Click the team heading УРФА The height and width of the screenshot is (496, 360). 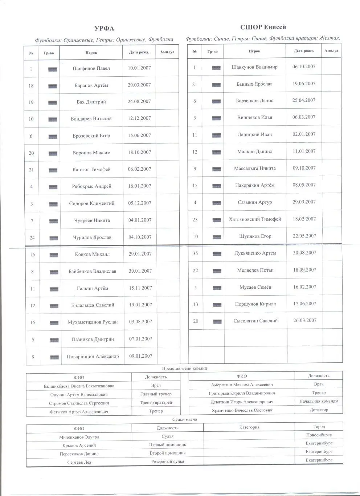coord(104,29)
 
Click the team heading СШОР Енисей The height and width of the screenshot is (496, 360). coord(263,27)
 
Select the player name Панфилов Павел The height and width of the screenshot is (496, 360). coord(91,68)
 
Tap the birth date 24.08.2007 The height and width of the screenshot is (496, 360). coord(139,102)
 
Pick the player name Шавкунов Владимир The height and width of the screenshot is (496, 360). coord(254,67)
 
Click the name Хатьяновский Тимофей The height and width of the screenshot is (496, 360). coord(255,219)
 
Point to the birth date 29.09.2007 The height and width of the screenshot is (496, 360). coord(304,202)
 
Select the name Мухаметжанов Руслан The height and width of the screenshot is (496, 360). coord(93,322)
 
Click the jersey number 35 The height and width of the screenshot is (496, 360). coord(195,253)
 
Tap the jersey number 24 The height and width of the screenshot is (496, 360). coord(32,238)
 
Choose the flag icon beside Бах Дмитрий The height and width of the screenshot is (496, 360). coord(53,103)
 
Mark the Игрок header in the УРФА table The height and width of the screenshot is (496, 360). coord(91,53)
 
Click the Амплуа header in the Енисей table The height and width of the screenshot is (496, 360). coord(331,51)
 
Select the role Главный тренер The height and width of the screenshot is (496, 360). coord(156,394)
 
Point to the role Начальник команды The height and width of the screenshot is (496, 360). coord(318,401)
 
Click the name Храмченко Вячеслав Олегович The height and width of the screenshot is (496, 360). coord(242,410)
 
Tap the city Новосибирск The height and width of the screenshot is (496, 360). coord(319,435)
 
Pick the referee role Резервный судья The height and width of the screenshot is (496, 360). coord(167,462)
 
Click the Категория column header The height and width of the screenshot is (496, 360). coord(249,427)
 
